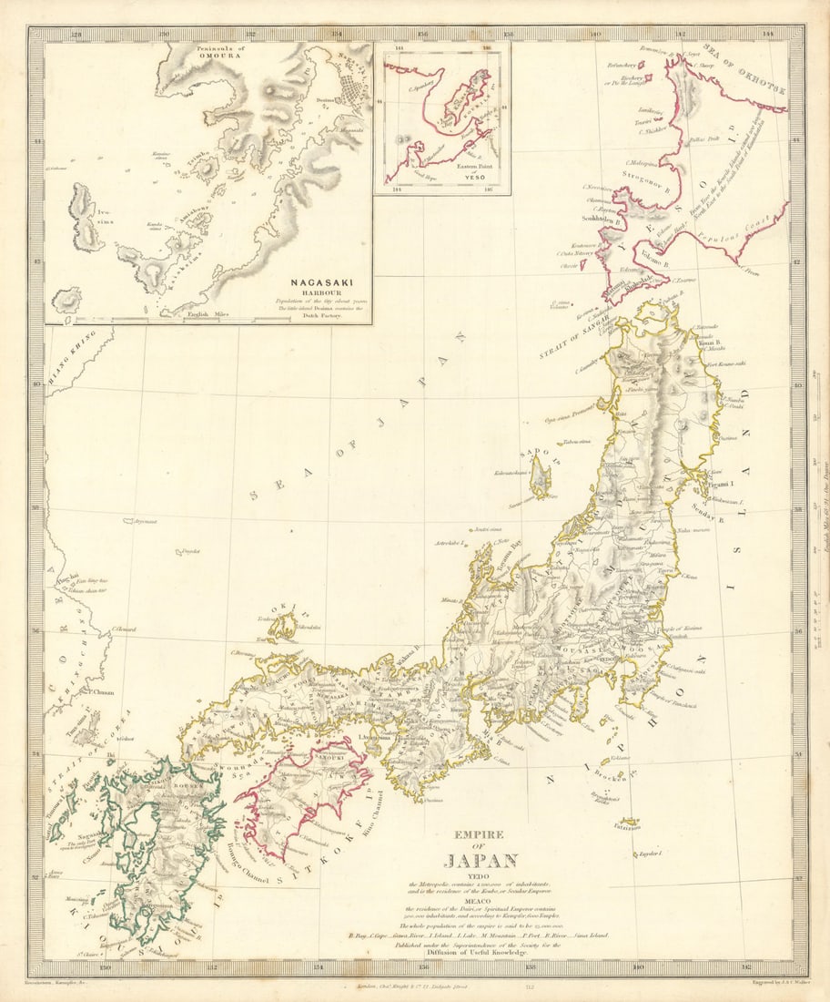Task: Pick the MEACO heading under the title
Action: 481,904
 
